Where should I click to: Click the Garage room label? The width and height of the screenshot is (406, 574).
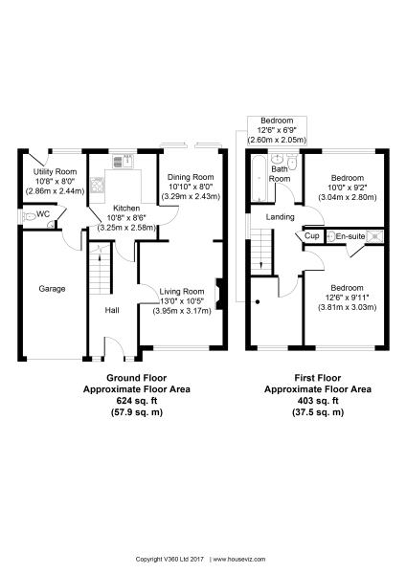pyautogui.click(x=52, y=289)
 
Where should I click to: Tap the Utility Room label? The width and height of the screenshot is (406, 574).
pyautogui.click(x=55, y=171)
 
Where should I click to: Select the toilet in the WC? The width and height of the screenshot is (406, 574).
pyautogui.click(x=29, y=217)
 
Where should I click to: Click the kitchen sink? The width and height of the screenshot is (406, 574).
pyautogui.click(x=123, y=161)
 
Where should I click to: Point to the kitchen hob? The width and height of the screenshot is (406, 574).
pyautogui.click(x=97, y=185)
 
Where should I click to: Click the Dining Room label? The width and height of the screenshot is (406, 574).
pyautogui.click(x=191, y=177)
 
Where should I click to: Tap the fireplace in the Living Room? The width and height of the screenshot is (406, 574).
pyautogui.click(x=219, y=294)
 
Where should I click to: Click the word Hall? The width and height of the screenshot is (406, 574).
pyautogui.click(x=112, y=310)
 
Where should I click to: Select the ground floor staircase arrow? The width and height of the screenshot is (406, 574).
pyautogui.click(x=100, y=257)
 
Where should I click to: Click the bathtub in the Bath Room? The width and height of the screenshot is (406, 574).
pyautogui.click(x=259, y=178)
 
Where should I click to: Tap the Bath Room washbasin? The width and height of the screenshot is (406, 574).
pyautogui.click(x=278, y=159)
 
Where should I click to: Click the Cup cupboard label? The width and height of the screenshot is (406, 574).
pyautogui.click(x=312, y=236)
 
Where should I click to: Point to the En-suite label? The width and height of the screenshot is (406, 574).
pyautogui.click(x=350, y=236)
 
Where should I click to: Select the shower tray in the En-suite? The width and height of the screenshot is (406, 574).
pyautogui.click(x=374, y=236)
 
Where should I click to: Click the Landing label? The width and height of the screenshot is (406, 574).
pyautogui.click(x=280, y=217)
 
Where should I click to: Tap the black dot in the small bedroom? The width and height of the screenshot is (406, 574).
pyautogui.click(x=258, y=302)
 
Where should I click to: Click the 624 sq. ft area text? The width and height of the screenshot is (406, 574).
pyautogui.click(x=136, y=401)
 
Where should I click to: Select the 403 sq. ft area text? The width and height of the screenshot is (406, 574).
pyautogui.click(x=318, y=401)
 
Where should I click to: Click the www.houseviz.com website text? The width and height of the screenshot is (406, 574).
pyautogui.click(x=239, y=560)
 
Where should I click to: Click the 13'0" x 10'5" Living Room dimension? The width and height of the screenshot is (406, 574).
pyautogui.click(x=182, y=301)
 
